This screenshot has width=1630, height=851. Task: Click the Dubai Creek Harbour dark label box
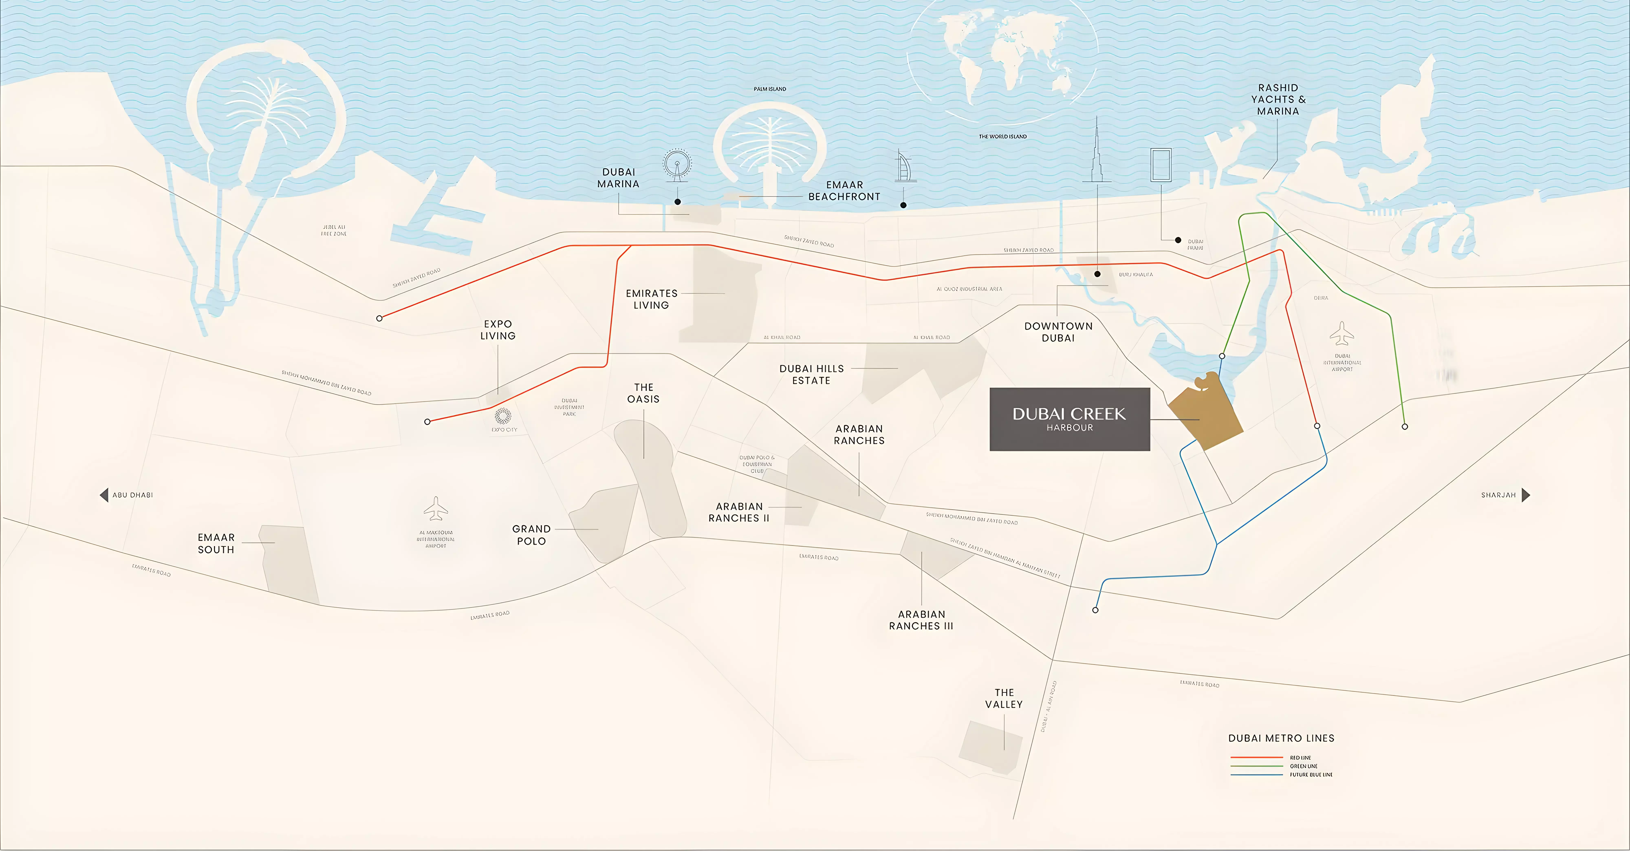tap(1069, 419)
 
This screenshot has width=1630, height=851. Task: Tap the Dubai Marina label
tap(618, 178)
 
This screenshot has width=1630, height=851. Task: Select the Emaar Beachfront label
tap(844, 191)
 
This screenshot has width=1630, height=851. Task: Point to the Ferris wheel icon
tap(677, 164)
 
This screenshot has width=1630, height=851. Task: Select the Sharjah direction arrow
tap(1526, 495)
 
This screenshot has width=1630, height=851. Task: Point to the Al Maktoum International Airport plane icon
tap(436, 508)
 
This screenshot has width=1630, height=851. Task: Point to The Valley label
tap(1003, 699)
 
